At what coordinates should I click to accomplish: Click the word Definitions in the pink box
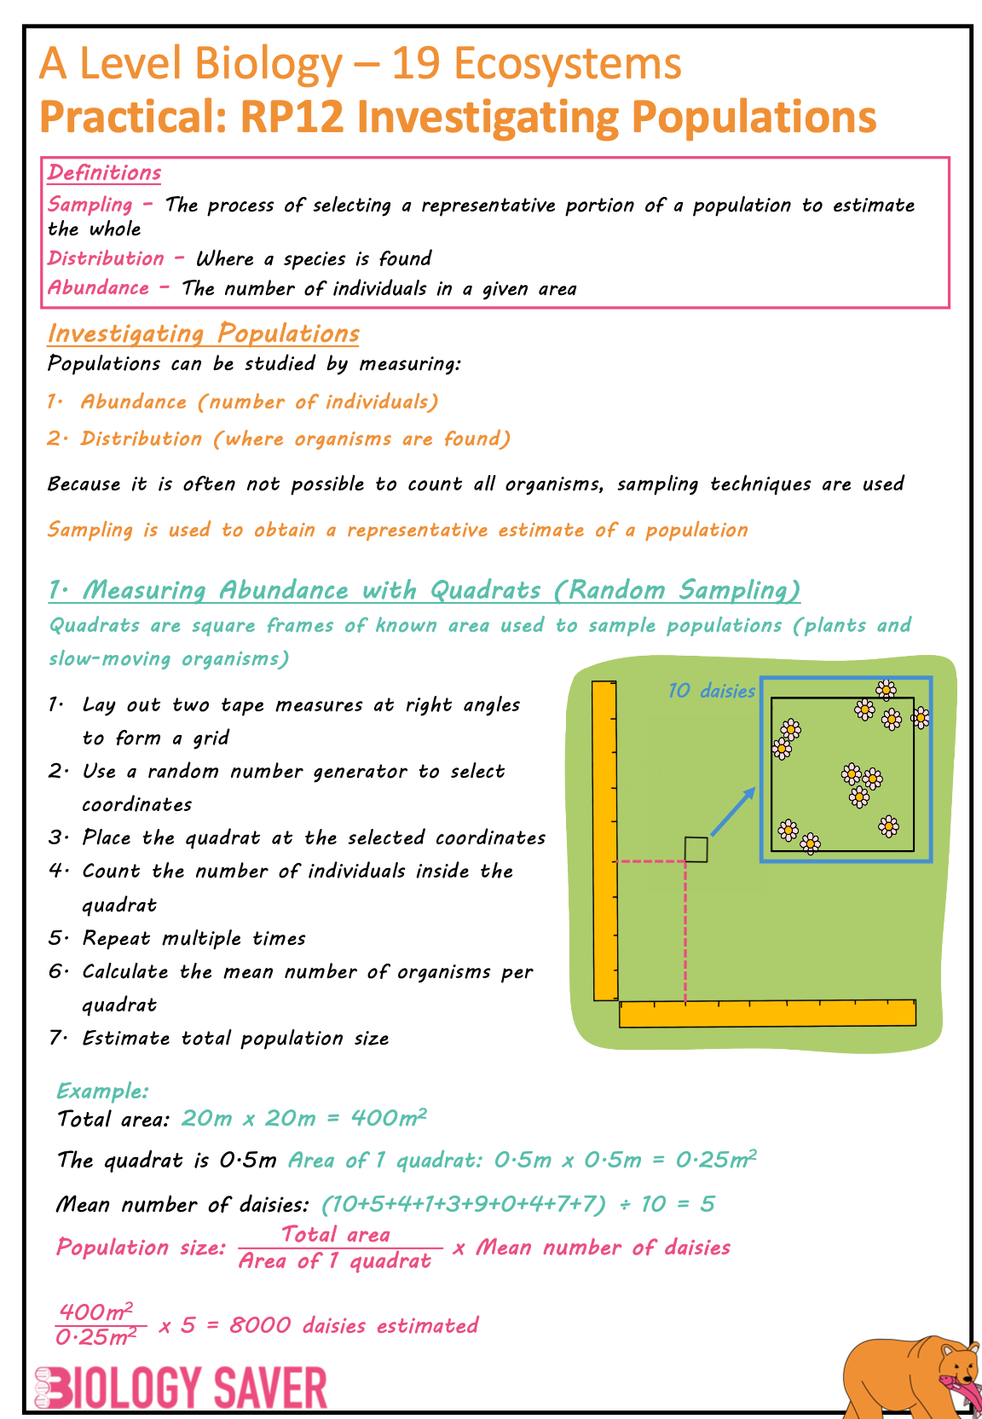coord(104,173)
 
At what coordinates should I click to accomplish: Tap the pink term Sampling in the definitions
coord(90,205)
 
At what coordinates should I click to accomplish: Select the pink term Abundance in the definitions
coord(98,287)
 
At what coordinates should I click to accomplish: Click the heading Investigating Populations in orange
coord(203,333)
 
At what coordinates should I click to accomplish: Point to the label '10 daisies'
coord(711,691)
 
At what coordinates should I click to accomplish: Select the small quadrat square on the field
coord(696,849)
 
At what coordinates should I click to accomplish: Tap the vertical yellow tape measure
coord(604,840)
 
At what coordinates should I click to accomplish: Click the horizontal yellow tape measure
coord(767,1013)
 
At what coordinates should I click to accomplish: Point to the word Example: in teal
coord(102,1091)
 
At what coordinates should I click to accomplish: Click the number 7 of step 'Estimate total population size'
coord(55,1038)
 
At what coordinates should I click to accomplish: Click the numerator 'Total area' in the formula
coord(336,1234)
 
